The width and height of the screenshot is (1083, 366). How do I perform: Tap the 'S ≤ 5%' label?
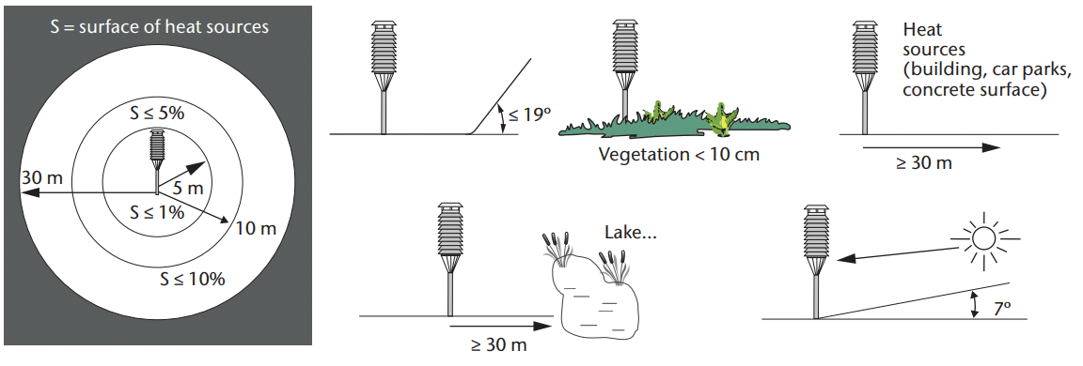(158, 113)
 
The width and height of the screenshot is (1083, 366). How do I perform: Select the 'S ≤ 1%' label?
(158, 212)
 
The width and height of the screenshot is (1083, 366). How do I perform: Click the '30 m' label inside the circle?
(41, 177)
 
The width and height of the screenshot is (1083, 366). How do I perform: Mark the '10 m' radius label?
(256, 229)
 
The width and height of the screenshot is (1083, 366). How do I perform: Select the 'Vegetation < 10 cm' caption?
(679, 155)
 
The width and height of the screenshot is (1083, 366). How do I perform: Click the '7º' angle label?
(1003, 308)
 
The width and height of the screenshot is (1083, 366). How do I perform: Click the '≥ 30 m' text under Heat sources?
(924, 164)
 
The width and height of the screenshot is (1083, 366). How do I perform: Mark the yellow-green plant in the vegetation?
(722, 117)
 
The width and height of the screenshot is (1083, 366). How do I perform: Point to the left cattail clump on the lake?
(560, 251)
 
